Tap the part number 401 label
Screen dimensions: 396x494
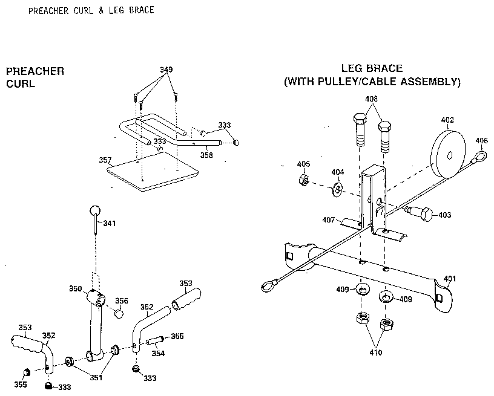[449, 279]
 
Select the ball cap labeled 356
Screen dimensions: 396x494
[120, 314]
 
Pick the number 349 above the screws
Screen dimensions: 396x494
[165, 70]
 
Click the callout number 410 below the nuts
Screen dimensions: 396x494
[375, 352]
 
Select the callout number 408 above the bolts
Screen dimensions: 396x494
[370, 99]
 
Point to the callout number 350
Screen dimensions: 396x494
[74, 290]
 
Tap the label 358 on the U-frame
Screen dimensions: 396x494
[206, 155]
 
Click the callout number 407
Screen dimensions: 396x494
[329, 219]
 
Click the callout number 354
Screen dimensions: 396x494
[157, 354]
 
